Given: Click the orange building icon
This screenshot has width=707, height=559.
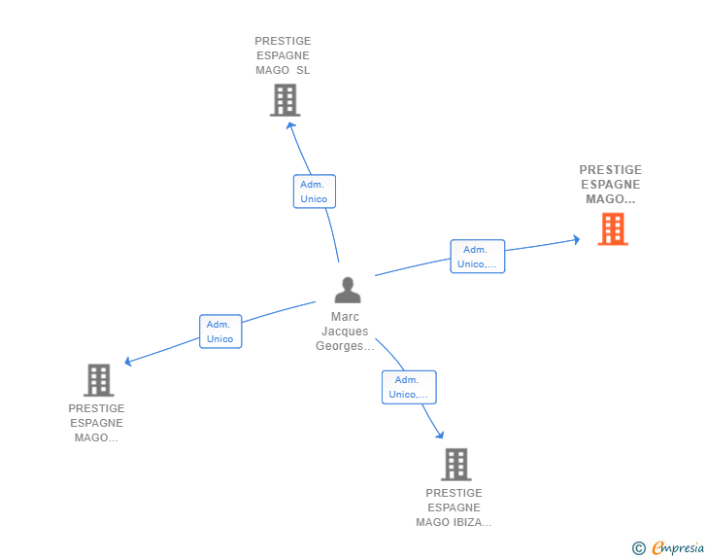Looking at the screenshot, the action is [613, 228].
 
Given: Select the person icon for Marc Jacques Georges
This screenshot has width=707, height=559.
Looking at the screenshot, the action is [348, 290].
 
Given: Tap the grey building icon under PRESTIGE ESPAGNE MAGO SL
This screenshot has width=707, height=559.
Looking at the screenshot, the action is [285, 100].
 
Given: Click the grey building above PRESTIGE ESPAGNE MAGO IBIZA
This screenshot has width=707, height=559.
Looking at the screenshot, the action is [455, 464].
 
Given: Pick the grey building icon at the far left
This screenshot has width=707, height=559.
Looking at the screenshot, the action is [99, 380].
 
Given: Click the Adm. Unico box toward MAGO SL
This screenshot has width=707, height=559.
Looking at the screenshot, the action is [315, 192].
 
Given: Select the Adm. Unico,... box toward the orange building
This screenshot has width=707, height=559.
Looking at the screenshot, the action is [478, 257].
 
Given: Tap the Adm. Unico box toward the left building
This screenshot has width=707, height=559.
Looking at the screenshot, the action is [220, 332].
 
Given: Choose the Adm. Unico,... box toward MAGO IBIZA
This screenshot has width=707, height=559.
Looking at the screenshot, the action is [409, 388].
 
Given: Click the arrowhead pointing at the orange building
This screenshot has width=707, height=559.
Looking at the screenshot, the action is [577, 239].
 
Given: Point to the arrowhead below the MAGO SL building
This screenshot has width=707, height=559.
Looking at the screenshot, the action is [290, 126].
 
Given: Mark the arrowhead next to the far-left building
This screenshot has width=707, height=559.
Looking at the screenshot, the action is [128, 362].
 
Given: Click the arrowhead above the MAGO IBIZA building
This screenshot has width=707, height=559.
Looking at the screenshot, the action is [440, 435].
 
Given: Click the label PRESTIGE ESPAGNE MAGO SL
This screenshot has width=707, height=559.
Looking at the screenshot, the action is [283, 55].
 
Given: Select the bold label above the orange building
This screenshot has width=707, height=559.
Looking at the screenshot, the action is [611, 184].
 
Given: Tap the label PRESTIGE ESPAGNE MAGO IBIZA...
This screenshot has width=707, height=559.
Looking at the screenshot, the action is [454, 507].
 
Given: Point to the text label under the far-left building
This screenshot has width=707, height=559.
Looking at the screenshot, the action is [96, 423].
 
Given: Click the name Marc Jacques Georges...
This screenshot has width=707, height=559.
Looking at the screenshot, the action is [345, 331].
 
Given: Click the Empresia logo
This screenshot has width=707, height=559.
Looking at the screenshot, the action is [678, 547].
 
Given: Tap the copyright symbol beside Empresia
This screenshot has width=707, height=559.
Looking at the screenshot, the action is [639, 548].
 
